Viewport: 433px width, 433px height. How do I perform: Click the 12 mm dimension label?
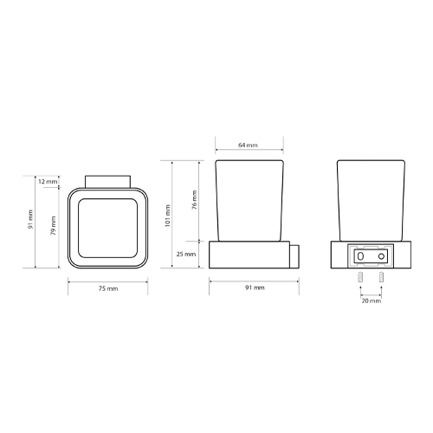tap(48, 182)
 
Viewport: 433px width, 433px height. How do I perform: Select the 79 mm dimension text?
tap(54, 226)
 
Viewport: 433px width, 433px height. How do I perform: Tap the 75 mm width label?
tap(108, 288)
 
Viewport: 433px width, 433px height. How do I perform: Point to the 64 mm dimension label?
tap(248, 145)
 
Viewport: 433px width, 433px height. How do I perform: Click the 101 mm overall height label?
tap(168, 216)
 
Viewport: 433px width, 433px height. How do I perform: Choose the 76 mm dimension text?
tap(195, 200)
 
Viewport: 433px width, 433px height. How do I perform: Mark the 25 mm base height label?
tap(186, 254)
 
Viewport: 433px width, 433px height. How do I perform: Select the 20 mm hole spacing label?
tap(372, 301)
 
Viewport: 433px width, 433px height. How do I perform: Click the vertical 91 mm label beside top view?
tap(30, 219)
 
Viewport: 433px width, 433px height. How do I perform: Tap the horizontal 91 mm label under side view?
tap(255, 288)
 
